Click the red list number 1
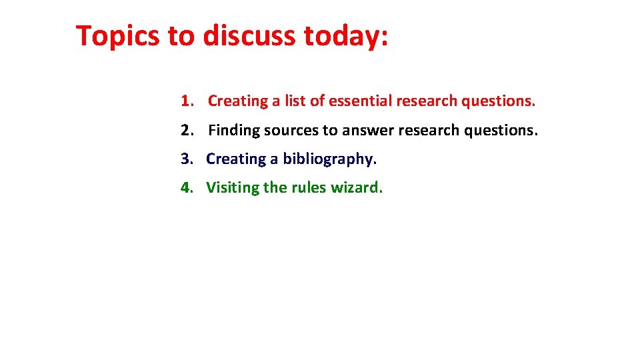[186, 101]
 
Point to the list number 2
[186, 130]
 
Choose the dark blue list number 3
[186, 159]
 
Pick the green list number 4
[186, 187]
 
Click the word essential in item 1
[360, 101]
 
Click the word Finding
[234, 130]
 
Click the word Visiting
[233, 187]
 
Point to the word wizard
[357, 187]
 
